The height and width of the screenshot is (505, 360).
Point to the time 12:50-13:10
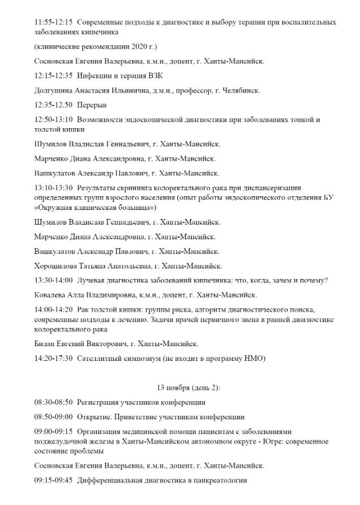(53, 120)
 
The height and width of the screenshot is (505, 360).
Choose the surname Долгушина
(57, 90)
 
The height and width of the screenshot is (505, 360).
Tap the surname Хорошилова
(60, 266)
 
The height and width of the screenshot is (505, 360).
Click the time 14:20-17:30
(53, 359)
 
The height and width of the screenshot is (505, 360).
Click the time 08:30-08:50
(53, 402)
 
